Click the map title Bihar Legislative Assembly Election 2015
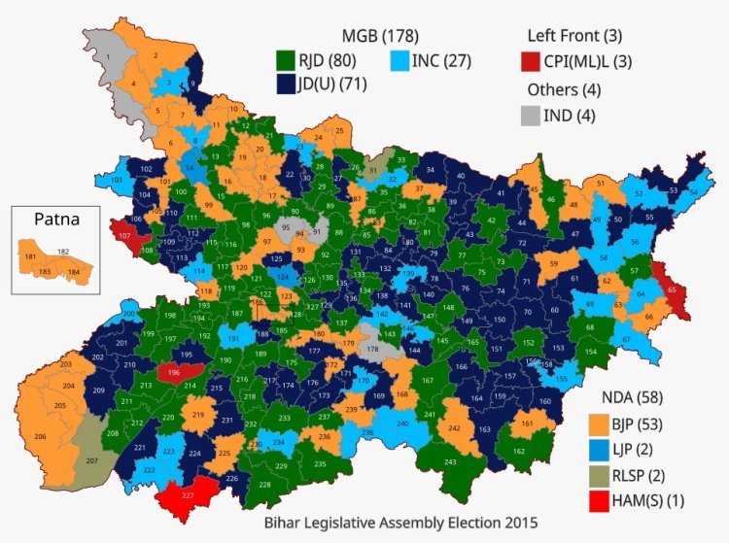[x=400, y=524]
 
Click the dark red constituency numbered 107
[x=125, y=236]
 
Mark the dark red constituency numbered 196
[x=174, y=372]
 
